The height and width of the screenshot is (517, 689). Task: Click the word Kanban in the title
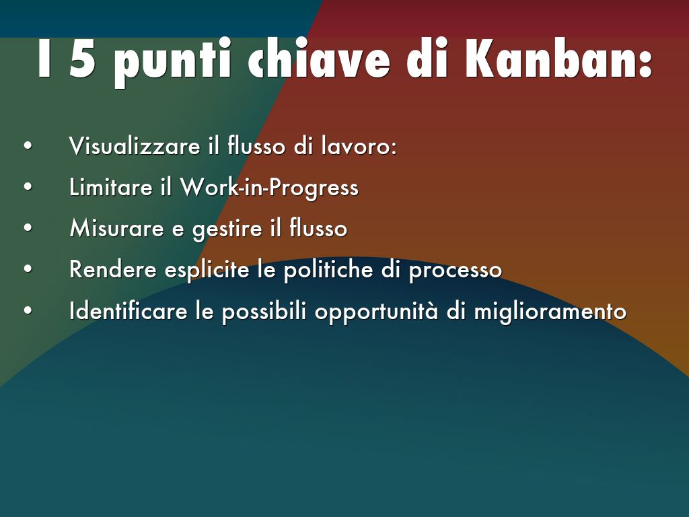558,59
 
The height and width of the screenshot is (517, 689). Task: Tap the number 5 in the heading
83,59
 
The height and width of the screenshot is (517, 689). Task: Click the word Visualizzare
135,145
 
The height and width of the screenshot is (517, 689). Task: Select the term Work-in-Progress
269,187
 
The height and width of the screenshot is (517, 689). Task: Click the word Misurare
117,228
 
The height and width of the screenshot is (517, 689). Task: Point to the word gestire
227,229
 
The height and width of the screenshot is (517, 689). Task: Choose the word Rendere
113,269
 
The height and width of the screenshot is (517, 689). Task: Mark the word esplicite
207,270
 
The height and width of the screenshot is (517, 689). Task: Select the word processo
456,271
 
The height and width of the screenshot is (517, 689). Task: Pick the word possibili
264,311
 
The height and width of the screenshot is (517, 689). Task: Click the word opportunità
376,312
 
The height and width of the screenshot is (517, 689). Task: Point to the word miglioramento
550,311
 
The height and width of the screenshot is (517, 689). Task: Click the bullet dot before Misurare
28,228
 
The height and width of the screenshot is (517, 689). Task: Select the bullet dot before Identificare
28,310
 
